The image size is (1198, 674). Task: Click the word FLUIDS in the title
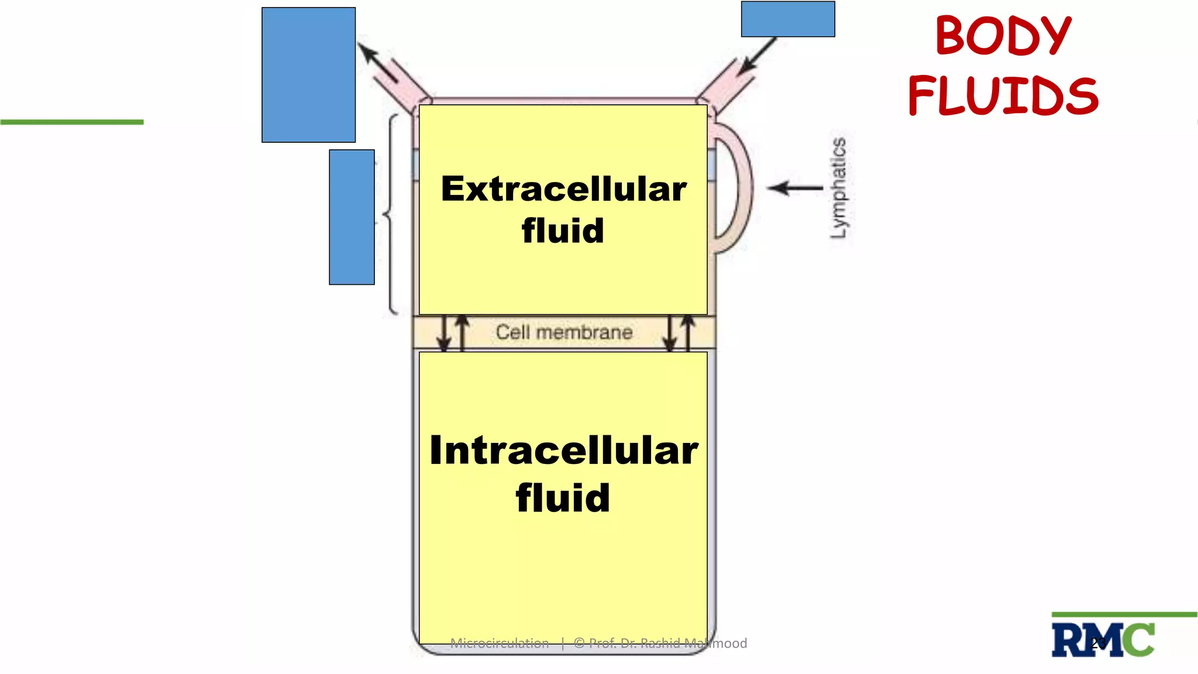[x=1003, y=96]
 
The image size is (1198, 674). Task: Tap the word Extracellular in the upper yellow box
[x=563, y=189]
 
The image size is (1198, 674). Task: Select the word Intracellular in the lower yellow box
[x=563, y=451]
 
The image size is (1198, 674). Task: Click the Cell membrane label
[x=564, y=332]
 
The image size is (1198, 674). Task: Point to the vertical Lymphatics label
[x=838, y=188]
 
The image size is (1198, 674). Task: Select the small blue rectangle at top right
[x=787, y=19]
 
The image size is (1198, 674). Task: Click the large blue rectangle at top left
[x=308, y=75]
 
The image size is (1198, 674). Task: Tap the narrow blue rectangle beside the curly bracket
[x=352, y=217]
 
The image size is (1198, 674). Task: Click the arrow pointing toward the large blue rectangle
[x=377, y=62]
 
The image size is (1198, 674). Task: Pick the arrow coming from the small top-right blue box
[x=756, y=57]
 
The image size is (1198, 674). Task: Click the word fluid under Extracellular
[x=563, y=231]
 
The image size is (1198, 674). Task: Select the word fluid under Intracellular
[x=563, y=498]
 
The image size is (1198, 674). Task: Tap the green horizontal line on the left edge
[x=71, y=122]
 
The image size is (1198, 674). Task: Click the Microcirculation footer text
[x=500, y=644]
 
